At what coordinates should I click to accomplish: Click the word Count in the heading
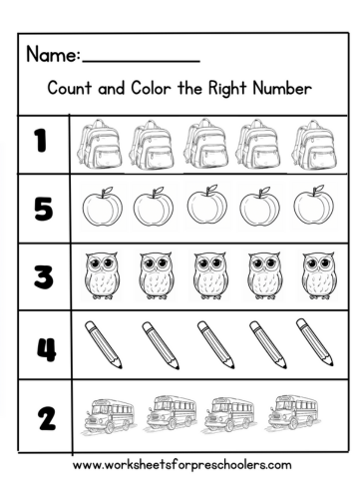(70, 88)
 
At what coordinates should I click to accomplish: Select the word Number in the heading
(282, 88)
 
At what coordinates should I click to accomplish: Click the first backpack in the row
(98, 142)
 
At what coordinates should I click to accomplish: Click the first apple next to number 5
(101, 208)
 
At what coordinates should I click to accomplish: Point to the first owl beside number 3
(100, 275)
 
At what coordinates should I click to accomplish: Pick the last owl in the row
(316, 275)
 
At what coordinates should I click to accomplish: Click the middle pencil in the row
(212, 344)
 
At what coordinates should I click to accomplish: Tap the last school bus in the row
(292, 411)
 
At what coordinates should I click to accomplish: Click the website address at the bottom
(181, 464)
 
